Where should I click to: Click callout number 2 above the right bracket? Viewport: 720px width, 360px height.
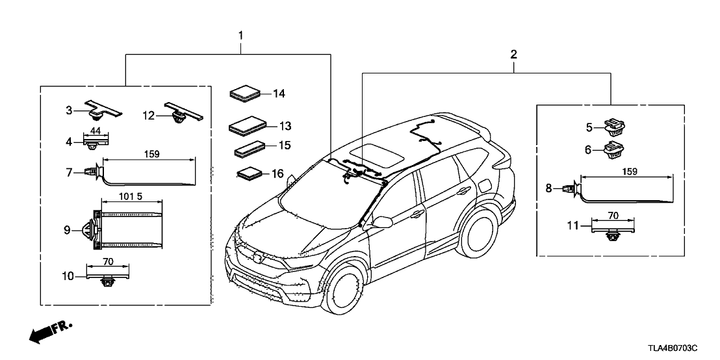(x=513, y=55)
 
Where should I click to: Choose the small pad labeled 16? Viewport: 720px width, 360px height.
(x=248, y=175)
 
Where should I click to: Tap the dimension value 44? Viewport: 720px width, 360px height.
(x=95, y=129)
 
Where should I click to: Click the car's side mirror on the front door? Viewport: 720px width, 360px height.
(x=382, y=222)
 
